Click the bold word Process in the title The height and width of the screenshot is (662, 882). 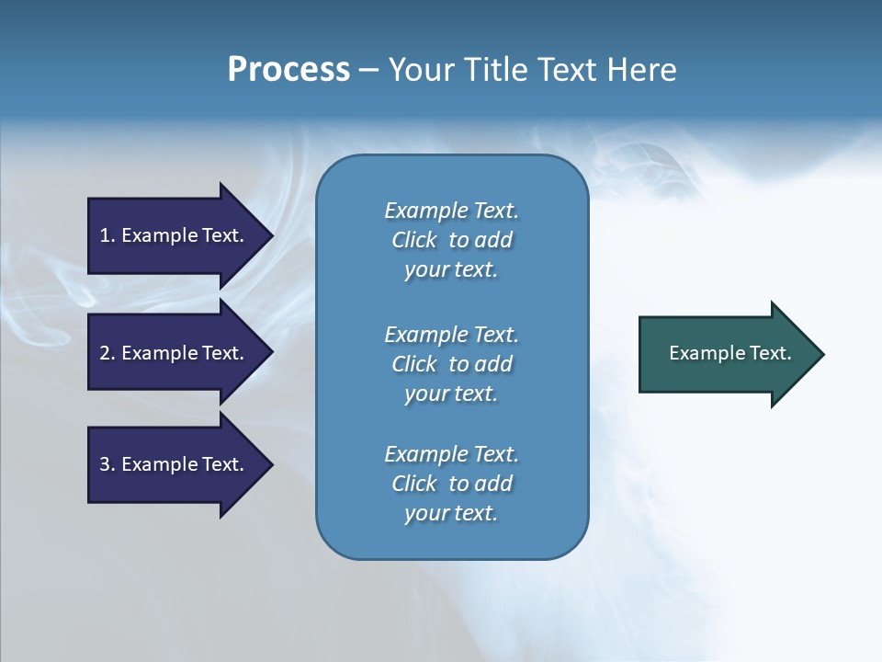pos(288,70)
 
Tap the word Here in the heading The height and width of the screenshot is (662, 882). pos(641,70)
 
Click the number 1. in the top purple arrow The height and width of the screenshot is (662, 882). pos(107,235)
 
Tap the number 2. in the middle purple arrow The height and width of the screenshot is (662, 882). pos(107,353)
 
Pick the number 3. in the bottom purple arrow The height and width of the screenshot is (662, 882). pos(107,464)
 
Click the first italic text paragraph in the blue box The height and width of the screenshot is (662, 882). pos(451,240)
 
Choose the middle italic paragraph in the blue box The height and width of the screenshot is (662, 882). pos(451,364)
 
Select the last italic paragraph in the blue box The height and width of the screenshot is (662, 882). pos(451,484)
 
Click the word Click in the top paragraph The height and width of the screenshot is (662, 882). pos(414,240)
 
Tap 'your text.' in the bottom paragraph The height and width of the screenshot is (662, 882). pos(451,513)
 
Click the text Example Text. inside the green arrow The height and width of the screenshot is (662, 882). pos(729,353)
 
